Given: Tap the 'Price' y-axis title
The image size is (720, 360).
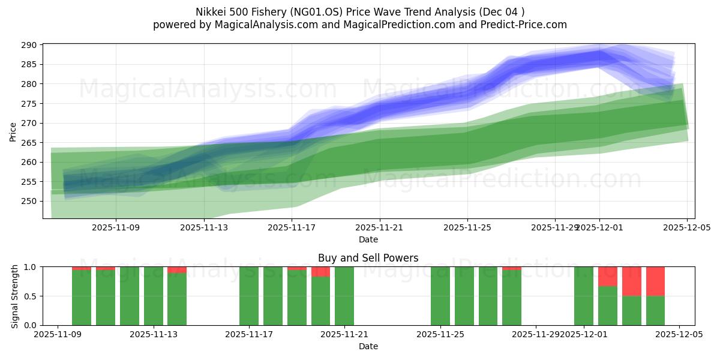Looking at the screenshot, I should point(13,131).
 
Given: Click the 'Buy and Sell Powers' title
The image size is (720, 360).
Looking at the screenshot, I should point(368,258).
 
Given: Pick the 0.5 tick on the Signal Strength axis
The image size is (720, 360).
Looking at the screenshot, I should point(31,296).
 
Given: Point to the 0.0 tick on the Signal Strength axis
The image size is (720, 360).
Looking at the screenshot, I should point(31,325).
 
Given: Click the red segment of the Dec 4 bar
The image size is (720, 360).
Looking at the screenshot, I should point(655,281).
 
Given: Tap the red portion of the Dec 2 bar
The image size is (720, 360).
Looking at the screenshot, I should point(607,276).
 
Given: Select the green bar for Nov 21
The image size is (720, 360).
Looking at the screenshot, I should point(344,296).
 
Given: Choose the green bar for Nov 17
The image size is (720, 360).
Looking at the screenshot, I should point(249,296).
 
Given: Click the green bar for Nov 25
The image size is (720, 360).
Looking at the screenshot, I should point(440,296).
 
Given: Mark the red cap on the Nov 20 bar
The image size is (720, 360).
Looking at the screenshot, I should point(320,271).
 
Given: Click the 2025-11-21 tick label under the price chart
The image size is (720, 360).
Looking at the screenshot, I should point(379,227).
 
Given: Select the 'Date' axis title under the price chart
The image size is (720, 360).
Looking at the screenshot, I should point(368,239).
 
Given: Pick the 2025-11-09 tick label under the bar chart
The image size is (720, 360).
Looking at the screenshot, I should point(58,335).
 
